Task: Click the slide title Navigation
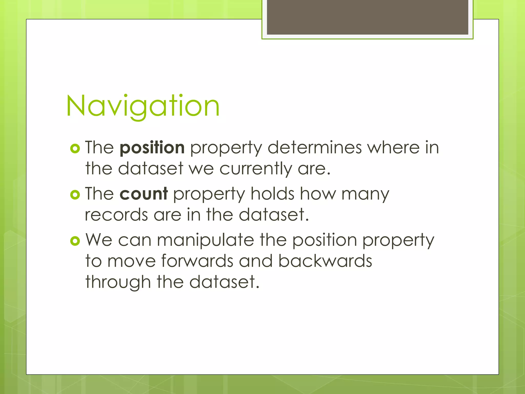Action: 143,106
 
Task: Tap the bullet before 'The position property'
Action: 75,149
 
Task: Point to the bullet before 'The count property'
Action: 75,195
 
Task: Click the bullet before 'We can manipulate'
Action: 75,241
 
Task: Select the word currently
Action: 256,169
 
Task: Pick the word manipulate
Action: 205,240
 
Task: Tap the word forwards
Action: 197,261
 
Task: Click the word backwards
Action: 325,261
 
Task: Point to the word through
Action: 118,282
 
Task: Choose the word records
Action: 116,215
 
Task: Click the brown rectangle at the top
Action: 367,17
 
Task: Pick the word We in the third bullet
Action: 99,240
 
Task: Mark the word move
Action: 132,261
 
